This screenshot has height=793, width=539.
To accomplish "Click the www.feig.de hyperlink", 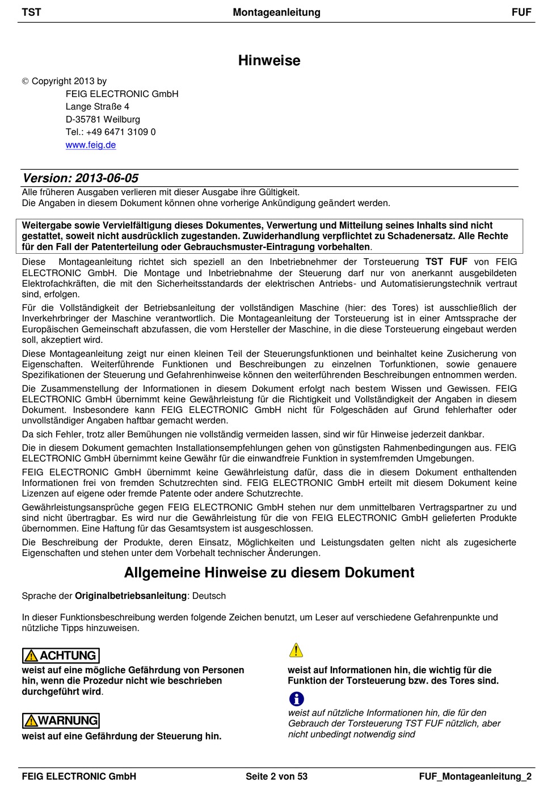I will pos(91,145).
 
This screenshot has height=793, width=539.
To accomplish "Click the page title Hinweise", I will pos(269,61).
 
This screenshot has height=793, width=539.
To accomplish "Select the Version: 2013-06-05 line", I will pos(81,178).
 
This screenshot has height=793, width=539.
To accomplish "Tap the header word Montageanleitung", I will pos(276,12).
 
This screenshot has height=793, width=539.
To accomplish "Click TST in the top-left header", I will pos(31,12).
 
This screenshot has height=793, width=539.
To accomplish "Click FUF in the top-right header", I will pos(521,12).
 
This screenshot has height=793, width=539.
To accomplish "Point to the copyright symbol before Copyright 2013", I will pos(25,82).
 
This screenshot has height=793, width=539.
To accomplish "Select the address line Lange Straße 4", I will pos(98,107).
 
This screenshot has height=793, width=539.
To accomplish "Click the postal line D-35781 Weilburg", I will pos(103,120).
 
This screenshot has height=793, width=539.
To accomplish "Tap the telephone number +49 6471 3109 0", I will pos(121,132).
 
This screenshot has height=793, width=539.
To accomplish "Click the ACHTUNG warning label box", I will pos(61,656).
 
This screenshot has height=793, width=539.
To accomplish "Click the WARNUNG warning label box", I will pos(61,721).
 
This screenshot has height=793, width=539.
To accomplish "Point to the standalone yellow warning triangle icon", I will pos(296,651).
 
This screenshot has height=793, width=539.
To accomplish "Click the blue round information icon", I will pos(296,699).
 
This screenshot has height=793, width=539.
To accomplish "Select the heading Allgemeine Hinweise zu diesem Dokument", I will pos(269,573).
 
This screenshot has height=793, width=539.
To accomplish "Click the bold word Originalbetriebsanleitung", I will pos(130,596).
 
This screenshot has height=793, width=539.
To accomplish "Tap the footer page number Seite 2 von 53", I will pos(276,777).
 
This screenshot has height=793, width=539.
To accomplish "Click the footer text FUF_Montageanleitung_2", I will pos(475,777).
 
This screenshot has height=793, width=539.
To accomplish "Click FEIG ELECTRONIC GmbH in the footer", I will pos(79,777).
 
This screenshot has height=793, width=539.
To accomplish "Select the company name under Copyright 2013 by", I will pos(122,94).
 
